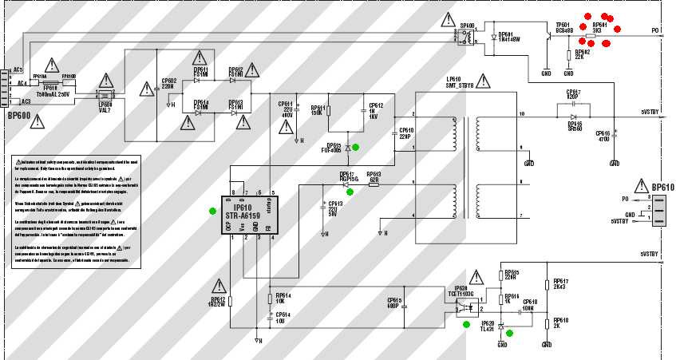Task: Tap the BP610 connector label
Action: [662, 188]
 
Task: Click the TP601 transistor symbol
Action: [548, 40]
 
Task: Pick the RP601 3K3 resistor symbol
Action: [591, 36]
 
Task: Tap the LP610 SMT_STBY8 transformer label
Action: [460, 82]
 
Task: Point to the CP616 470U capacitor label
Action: [603, 136]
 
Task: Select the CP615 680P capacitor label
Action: [393, 303]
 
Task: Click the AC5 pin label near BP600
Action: [18, 69]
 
